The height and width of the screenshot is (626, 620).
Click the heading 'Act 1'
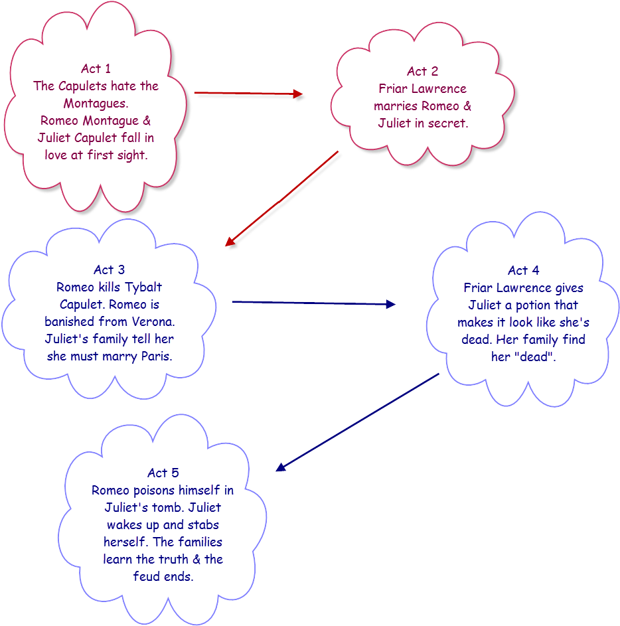[96, 68]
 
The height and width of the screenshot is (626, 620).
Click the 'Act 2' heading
[422, 71]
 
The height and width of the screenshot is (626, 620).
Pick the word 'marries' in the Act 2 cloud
[396, 106]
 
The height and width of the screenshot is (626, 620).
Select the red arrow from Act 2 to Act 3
[283, 199]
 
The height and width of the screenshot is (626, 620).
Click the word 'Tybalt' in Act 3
[143, 287]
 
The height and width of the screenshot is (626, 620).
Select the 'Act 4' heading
[523, 270]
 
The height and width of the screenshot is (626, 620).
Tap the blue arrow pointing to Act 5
[358, 422]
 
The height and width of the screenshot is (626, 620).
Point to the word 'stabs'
[199, 525]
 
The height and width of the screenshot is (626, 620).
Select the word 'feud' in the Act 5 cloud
[147, 576]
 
